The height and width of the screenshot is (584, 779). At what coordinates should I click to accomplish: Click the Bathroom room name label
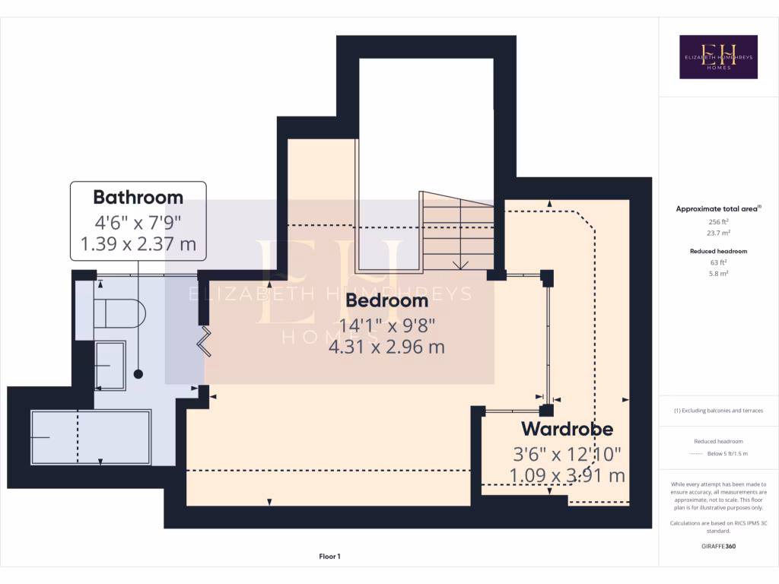click(138, 197)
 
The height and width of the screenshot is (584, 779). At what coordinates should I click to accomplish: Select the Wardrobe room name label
click(567, 429)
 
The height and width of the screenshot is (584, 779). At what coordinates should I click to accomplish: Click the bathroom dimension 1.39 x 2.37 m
click(138, 245)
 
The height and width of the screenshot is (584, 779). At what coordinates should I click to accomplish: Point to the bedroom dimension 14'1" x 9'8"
click(386, 325)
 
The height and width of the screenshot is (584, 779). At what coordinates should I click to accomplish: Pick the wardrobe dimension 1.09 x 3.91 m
click(567, 476)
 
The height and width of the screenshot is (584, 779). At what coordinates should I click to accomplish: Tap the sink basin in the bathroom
click(110, 365)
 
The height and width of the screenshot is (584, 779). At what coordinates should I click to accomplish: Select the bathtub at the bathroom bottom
click(91, 437)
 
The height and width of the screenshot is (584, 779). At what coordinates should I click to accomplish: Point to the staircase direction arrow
click(459, 264)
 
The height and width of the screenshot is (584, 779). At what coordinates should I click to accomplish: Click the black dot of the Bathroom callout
click(138, 373)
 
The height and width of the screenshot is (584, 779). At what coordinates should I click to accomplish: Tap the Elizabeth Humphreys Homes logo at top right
click(718, 57)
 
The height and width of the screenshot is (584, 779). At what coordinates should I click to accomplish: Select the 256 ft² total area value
click(718, 221)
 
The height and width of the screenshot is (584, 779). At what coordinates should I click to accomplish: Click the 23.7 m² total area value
click(718, 233)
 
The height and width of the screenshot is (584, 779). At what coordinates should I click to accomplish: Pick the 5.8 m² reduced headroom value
click(718, 273)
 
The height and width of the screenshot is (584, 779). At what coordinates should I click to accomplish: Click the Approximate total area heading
click(718, 208)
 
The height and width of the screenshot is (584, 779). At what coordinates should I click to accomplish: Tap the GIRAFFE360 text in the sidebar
click(718, 546)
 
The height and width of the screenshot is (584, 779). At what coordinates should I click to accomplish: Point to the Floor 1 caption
click(329, 557)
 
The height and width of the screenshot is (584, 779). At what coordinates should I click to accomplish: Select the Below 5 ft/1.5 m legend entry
click(728, 453)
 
